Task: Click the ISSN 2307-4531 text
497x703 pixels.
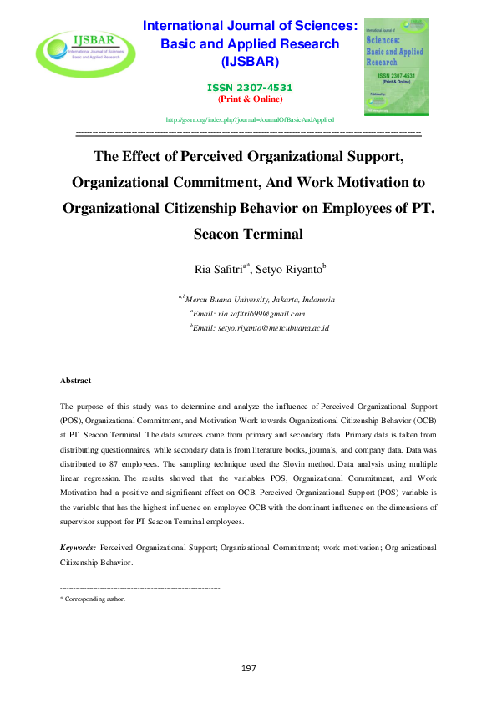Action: (x=250, y=88)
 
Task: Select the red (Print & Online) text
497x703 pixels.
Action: (x=250, y=99)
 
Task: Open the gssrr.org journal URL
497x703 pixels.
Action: (x=250, y=120)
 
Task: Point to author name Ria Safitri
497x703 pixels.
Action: (x=218, y=269)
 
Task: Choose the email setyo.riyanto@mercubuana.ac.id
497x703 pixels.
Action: (x=261, y=328)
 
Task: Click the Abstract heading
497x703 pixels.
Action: (x=75, y=381)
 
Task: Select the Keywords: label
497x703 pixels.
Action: (x=78, y=548)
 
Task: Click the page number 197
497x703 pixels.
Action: (x=248, y=668)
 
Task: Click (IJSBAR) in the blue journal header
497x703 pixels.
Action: (x=250, y=62)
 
